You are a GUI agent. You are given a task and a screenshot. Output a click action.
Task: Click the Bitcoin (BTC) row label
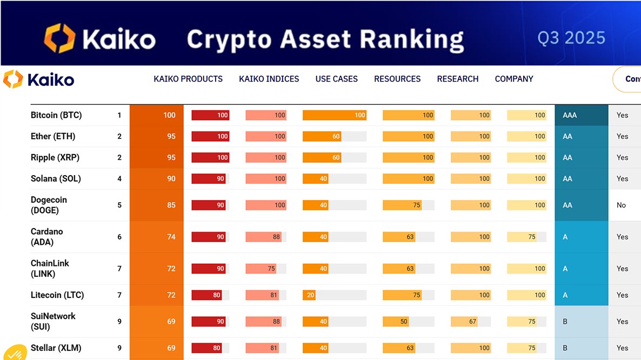click(56, 115)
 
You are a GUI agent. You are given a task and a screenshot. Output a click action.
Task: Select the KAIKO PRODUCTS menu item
click(188, 79)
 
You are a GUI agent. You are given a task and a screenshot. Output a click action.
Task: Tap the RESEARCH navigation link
click(458, 79)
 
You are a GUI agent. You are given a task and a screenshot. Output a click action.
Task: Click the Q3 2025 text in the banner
click(571, 38)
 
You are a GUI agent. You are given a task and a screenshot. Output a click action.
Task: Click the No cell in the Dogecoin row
click(622, 205)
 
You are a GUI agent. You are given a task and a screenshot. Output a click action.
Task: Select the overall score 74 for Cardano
click(171, 237)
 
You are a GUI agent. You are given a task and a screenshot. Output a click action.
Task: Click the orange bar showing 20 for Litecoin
click(309, 295)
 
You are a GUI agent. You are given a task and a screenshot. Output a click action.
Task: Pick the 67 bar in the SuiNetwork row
click(465, 322)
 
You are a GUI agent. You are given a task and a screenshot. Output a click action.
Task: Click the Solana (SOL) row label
click(56, 178)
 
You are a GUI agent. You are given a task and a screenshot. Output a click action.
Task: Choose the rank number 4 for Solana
click(119, 178)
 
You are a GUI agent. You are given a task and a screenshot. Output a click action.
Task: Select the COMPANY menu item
click(514, 79)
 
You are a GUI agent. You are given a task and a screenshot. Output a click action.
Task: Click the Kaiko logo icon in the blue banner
click(59, 39)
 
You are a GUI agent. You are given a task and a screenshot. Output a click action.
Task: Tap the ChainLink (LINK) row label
click(50, 269)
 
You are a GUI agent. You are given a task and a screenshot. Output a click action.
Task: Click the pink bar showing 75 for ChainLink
click(261, 269)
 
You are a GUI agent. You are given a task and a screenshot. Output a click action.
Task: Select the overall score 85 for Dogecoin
click(171, 205)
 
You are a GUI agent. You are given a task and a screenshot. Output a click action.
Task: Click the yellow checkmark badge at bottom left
click(14, 352)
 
